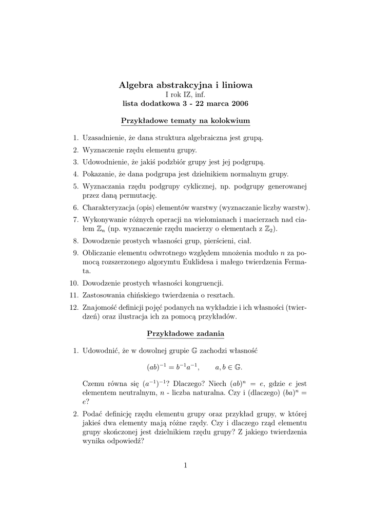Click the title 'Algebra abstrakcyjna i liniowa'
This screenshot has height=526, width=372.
[185, 84]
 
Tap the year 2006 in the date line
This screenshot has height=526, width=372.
[240, 104]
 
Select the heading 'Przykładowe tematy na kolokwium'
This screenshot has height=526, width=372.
[185, 121]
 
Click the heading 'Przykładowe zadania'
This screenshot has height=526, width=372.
[185, 334]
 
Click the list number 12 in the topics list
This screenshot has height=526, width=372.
[73, 307]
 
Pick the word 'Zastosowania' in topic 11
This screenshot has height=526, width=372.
[104, 295]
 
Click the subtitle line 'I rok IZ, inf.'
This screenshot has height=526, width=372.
[185, 95]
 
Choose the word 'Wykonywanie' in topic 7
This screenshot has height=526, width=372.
[104, 219]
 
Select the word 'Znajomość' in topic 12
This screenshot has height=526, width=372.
[100, 307]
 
